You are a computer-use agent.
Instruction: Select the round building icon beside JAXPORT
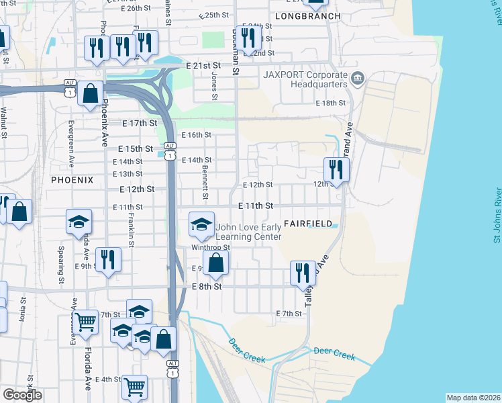tap(356, 79)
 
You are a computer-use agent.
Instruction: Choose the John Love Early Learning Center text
tap(248, 232)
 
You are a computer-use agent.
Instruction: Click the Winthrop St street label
tap(210, 247)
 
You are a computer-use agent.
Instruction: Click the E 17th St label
tap(140, 124)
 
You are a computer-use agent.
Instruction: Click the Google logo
tap(22, 395)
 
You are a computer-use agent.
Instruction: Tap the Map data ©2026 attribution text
tap(474, 398)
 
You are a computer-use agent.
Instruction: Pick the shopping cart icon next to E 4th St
tap(134, 386)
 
